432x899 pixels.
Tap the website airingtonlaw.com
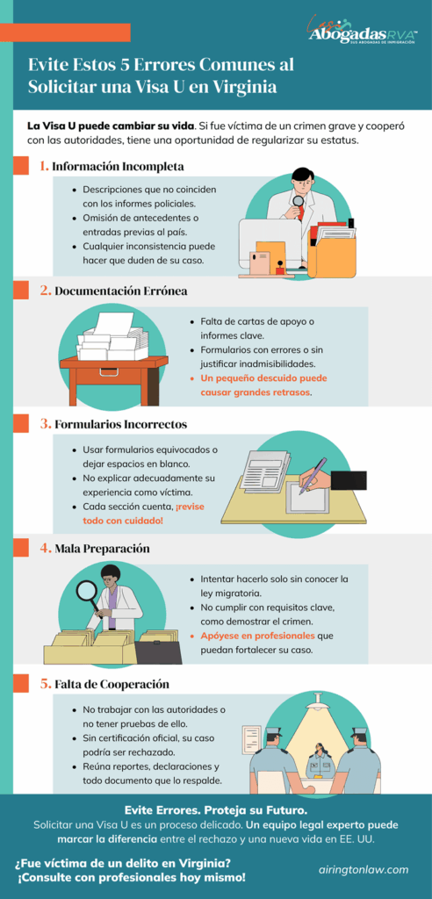point(363,869)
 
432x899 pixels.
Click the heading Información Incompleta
point(118,166)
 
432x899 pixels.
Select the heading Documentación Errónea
point(121,291)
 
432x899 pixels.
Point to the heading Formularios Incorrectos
point(120,424)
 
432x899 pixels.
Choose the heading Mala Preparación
point(101,548)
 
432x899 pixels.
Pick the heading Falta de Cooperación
point(111,684)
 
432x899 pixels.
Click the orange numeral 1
point(45,166)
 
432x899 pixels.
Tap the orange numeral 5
point(45,684)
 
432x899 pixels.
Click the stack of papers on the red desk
point(112,337)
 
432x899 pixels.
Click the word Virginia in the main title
point(242,88)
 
